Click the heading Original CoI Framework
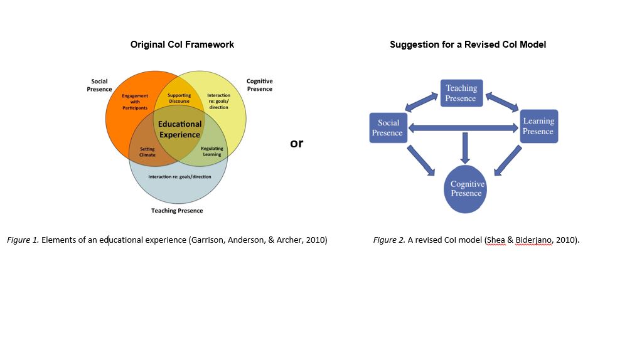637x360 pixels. pyautogui.click(x=182, y=45)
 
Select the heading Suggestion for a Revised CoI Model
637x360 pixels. pyautogui.click(x=468, y=45)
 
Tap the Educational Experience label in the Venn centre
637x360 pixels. pyautogui.click(x=179, y=129)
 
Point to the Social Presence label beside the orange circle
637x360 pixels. pyautogui.click(x=100, y=85)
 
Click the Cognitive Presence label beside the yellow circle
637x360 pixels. pyautogui.click(x=259, y=85)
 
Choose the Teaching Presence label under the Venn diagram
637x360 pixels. pyautogui.click(x=177, y=211)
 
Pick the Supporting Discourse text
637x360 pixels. pyautogui.click(x=179, y=98)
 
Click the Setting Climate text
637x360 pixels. pyautogui.click(x=147, y=152)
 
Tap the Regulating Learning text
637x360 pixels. pyautogui.click(x=212, y=152)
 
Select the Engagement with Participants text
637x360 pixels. pyautogui.click(x=135, y=102)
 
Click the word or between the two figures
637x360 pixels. pyautogui.click(x=296, y=143)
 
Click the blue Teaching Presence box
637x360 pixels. pyautogui.click(x=461, y=93)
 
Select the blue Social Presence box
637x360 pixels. pyautogui.click(x=387, y=128)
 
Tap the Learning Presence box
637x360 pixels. pyautogui.click(x=538, y=126)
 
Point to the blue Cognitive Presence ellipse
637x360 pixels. pyautogui.click(x=467, y=189)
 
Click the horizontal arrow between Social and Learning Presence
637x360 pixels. pyautogui.click(x=464, y=129)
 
